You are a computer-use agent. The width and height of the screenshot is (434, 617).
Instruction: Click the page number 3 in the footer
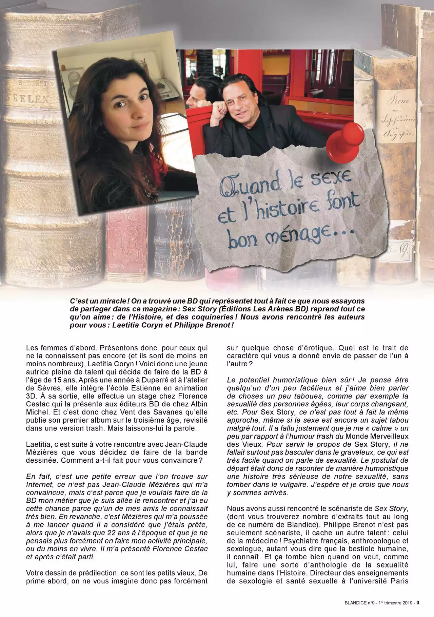418,602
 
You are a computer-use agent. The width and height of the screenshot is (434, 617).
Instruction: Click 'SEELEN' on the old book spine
26,98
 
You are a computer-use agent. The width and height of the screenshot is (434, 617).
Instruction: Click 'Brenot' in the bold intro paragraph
219,325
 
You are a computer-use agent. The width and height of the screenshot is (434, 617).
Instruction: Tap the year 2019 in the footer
406,603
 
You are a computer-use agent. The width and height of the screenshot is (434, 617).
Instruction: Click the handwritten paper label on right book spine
397,117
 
